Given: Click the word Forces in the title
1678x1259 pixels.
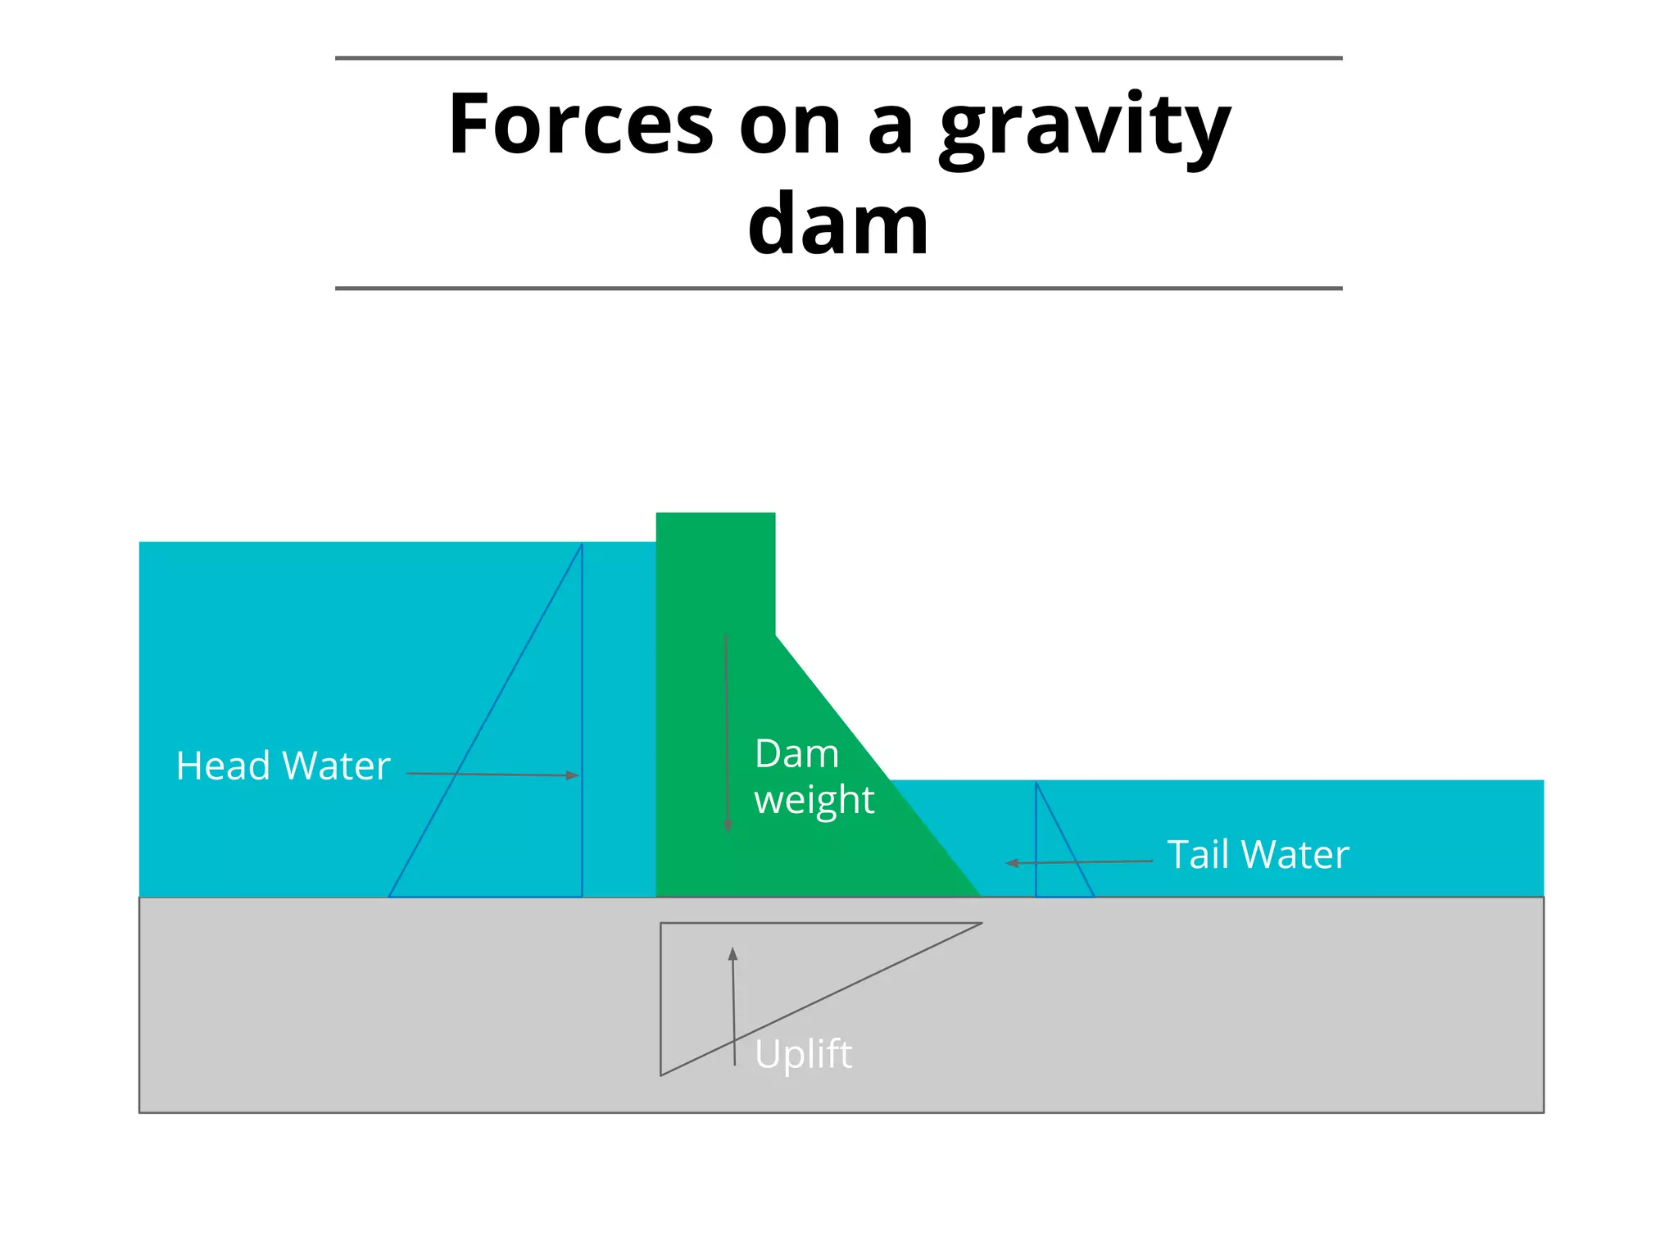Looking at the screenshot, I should click(581, 125).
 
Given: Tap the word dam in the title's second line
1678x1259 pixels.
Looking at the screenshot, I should click(838, 224).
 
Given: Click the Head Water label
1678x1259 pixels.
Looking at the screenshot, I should click(283, 766).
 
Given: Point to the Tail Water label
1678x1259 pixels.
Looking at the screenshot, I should click(1258, 855).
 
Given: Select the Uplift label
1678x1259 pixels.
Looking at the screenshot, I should click(803, 1054).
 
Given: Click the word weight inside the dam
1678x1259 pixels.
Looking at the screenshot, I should click(814, 800).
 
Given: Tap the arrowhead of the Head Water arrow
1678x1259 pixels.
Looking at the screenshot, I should click(573, 775).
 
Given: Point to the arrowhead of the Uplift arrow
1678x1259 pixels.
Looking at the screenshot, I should click(732, 954).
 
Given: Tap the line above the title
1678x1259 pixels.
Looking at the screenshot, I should click(838, 58).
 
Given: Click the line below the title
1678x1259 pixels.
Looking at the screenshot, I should click(838, 289).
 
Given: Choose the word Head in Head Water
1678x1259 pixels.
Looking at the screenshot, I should click(223, 766).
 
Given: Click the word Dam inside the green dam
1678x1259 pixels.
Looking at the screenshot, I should click(796, 754).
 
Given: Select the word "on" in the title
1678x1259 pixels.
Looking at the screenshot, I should click(790, 126).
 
